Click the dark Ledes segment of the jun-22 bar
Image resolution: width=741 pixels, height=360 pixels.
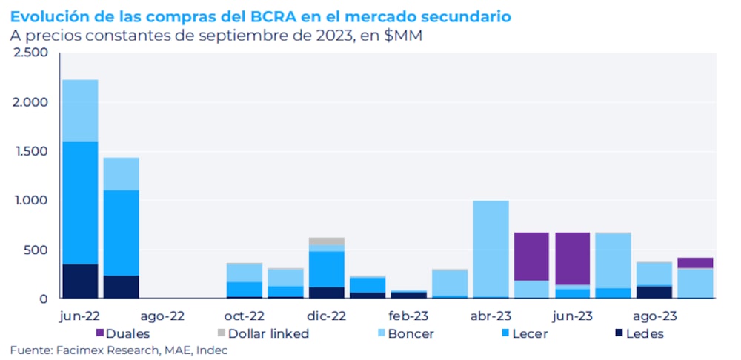coord(80,281)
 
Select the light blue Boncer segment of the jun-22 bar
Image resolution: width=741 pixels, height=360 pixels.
coord(80,111)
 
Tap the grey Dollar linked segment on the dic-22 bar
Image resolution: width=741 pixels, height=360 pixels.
coord(327,241)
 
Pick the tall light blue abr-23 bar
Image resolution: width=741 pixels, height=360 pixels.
coord(491,249)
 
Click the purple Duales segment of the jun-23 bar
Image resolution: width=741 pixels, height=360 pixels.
coord(572,258)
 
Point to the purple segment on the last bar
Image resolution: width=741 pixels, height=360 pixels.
coord(694,263)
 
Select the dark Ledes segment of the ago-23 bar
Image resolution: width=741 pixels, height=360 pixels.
coord(654,292)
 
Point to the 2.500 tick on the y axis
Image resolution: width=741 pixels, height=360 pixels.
coord(30,53)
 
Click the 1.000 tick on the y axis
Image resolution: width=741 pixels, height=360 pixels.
coord(30,200)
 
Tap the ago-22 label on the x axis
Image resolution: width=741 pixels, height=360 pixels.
coord(162,315)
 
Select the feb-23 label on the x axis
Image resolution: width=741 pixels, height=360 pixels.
coord(408,315)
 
